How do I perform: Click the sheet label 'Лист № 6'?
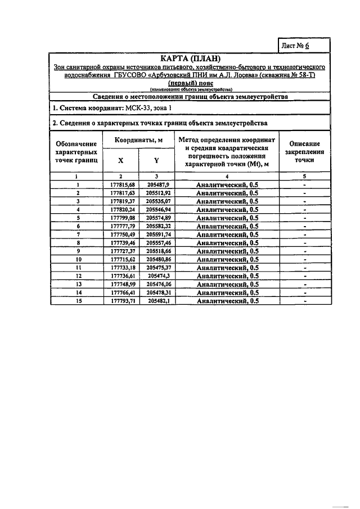304,46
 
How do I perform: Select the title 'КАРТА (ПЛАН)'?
191,58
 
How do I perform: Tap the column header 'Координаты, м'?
139,140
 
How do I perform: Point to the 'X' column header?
120,160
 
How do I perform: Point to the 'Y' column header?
157,160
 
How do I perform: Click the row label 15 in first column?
77,301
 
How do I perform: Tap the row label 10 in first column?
77,260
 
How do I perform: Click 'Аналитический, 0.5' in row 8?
227,243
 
